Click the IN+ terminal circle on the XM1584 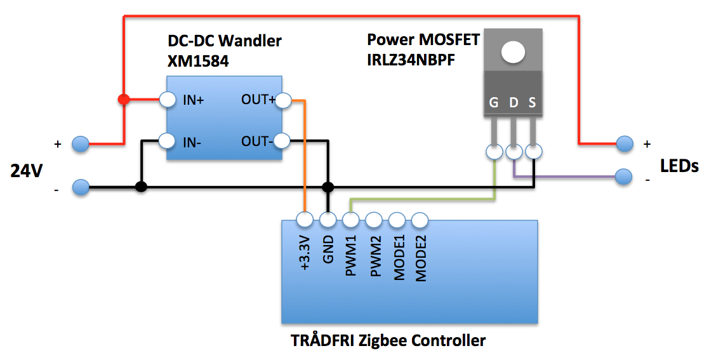167,100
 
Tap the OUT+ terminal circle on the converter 283,100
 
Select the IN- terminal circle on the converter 167,141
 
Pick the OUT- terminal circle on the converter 283,141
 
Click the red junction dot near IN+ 124,100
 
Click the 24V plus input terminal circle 80,144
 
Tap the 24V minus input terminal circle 80,187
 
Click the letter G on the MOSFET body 494,103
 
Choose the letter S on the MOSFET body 533,103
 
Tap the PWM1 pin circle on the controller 351,220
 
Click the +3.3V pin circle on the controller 305,220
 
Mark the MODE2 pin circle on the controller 420,220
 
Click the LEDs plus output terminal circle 625,144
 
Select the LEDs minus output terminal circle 625,176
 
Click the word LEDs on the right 679,166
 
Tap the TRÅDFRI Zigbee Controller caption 388,340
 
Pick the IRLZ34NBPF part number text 413,62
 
